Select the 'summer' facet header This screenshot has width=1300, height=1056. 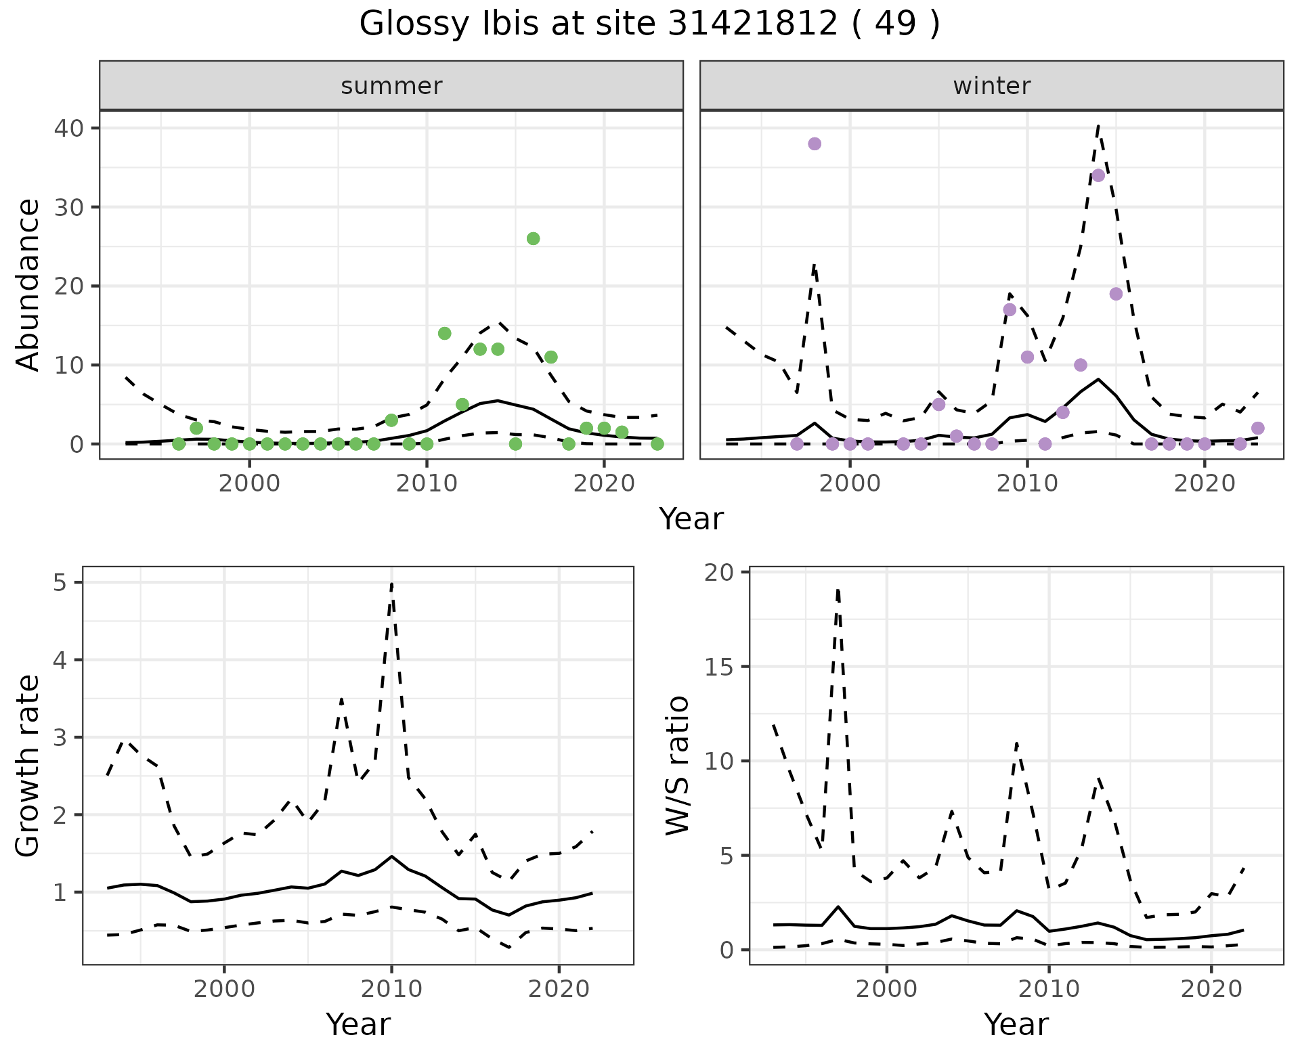pos(391,86)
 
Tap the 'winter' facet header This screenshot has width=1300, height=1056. pos(991,86)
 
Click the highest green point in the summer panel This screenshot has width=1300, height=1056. pos(533,238)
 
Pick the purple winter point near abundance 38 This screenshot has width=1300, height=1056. pos(815,144)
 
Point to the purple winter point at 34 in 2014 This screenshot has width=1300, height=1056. pos(1098,175)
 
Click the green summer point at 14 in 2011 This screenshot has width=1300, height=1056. pos(444,333)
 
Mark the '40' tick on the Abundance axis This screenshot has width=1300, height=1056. pos(68,128)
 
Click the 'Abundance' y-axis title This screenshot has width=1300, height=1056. pos(28,284)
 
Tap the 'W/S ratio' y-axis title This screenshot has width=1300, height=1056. pos(677,766)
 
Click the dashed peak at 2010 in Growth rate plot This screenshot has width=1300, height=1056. pos(392,584)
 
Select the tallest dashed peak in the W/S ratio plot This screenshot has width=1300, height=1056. pos(838,590)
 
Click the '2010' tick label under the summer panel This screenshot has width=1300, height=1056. pos(427,483)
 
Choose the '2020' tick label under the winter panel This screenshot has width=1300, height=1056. pos(1205,483)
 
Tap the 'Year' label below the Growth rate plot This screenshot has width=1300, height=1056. pos(358,1024)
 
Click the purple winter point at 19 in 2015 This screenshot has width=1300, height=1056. pos(1116,294)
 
